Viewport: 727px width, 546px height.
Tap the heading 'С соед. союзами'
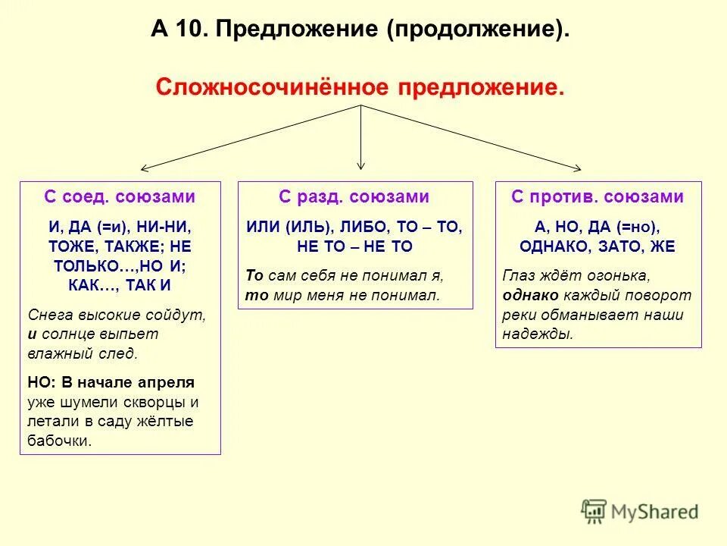point(120,197)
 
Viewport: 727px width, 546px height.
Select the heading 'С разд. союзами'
point(354,197)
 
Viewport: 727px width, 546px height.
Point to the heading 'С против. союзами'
point(598,197)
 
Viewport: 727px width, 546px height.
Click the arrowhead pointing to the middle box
point(361,165)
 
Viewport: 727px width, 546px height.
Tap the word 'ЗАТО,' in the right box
point(608,247)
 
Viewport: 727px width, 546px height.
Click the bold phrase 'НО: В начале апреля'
point(111,382)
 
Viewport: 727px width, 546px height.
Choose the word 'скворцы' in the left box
point(163,402)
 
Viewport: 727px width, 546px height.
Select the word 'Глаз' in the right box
point(518,275)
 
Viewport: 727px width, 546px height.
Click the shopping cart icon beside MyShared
point(594,512)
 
